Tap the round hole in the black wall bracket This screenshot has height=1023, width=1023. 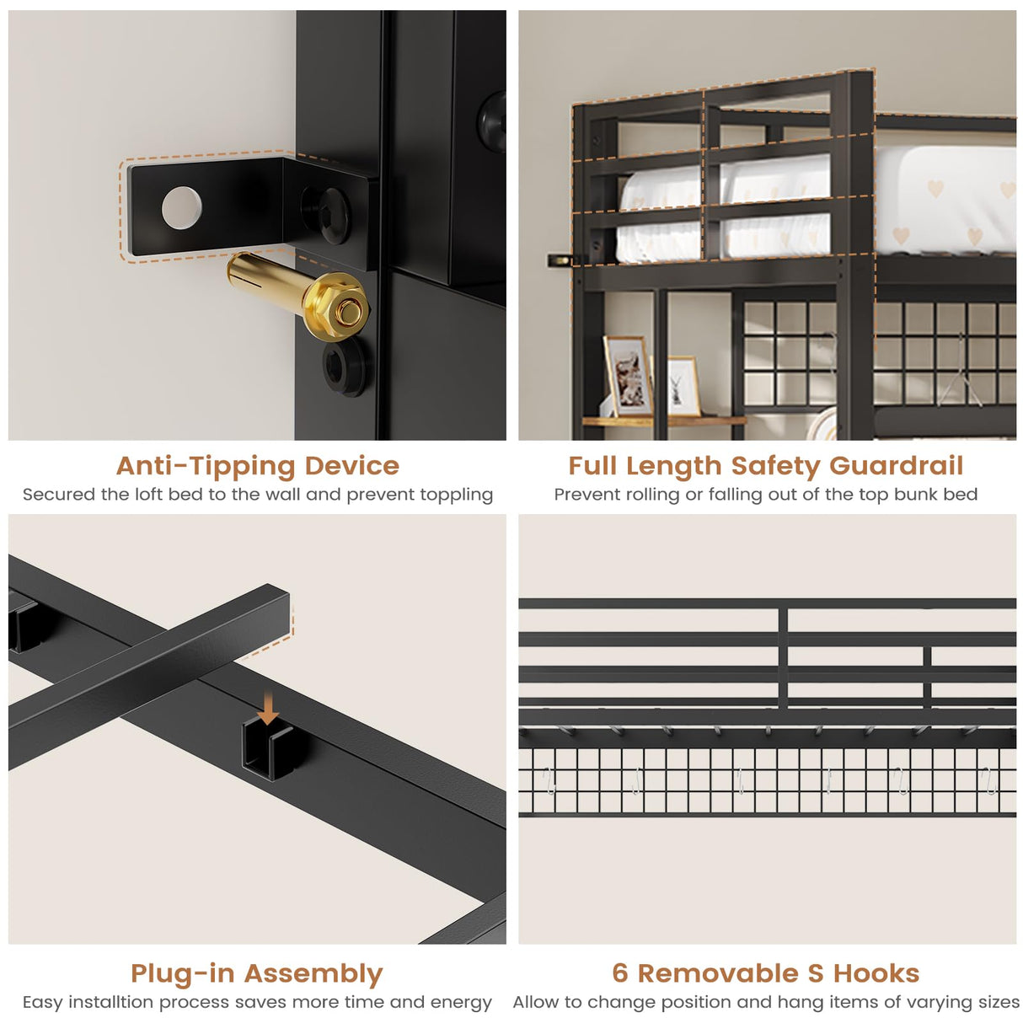tap(181, 207)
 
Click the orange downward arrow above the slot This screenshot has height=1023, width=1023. tap(268, 710)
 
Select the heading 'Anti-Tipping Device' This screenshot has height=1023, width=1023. tap(258, 466)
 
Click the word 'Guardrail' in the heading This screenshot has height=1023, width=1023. tap(896, 466)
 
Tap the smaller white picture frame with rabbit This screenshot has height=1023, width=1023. tap(683, 386)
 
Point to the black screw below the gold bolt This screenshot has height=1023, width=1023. tap(345, 367)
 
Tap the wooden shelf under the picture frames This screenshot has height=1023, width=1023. tap(663, 421)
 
